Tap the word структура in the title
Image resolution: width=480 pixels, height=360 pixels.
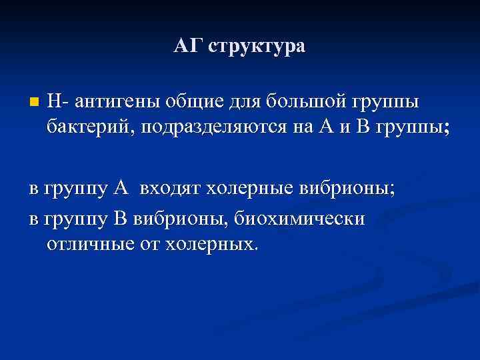[x=257, y=47]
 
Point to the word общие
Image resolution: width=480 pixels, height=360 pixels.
[x=189, y=103]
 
